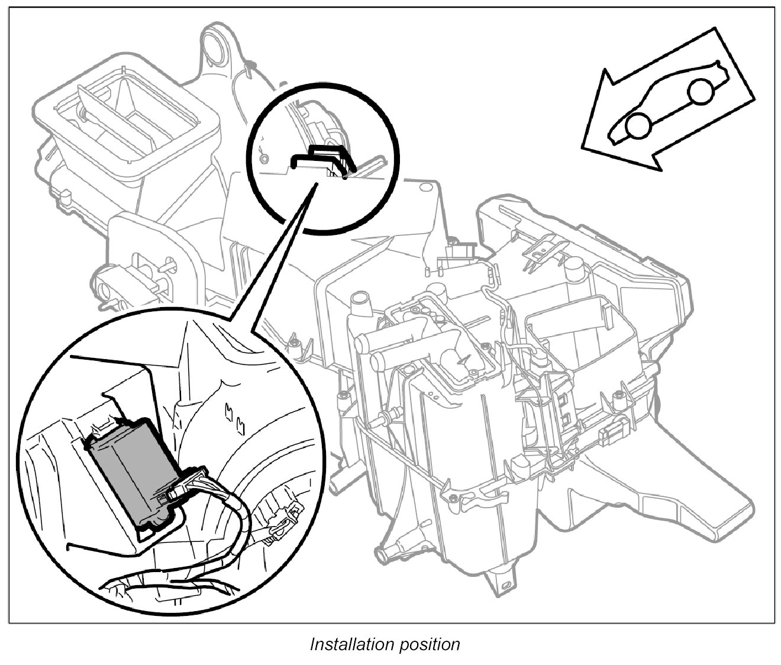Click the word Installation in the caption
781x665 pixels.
pyautogui.click(x=347, y=644)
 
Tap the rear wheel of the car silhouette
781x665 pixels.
pyautogui.click(x=700, y=91)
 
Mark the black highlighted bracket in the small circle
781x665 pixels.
pyautogui.click(x=324, y=157)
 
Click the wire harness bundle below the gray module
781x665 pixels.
pyautogui.click(x=172, y=583)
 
